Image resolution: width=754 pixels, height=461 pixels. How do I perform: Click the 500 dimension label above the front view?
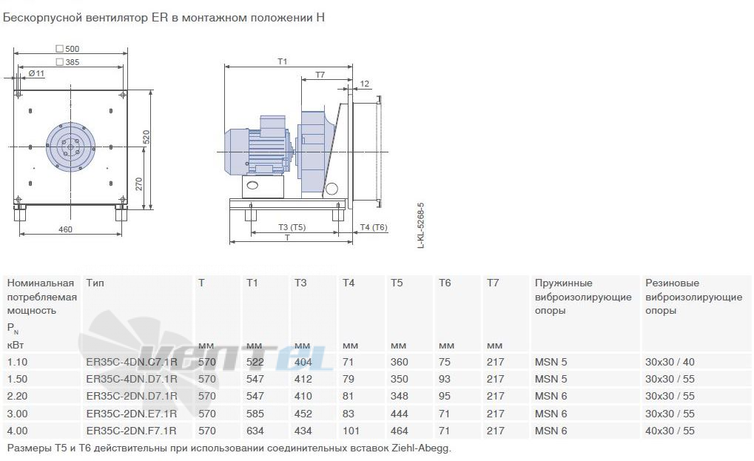click(x=72, y=49)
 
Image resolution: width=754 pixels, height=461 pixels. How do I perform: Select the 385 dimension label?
click(x=72, y=62)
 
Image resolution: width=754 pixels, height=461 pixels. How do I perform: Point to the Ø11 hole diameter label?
click(x=36, y=73)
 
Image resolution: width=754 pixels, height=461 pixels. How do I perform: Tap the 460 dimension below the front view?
click(x=65, y=229)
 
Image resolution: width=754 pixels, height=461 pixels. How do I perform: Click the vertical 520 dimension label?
click(x=147, y=137)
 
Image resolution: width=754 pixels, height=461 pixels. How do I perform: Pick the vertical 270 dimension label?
click(x=139, y=184)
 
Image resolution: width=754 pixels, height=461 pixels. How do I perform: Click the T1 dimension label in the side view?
click(x=282, y=61)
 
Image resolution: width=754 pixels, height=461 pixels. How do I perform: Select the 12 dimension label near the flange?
click(x=365, y=84)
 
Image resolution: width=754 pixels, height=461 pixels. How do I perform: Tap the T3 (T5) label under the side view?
click(x=292, y=227)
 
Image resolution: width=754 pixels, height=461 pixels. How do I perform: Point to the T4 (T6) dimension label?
click(x=374, y=227)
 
